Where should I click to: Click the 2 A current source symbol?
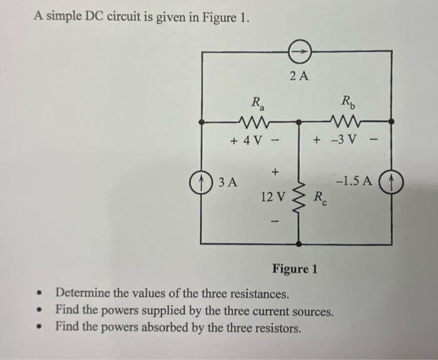(299, 53)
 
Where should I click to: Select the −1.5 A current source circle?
(392, 184)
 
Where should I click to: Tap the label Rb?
(348, 101)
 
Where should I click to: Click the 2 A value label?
(299, 77)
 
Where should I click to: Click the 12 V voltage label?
(272, 197)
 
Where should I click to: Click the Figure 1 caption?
(295, 269)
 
